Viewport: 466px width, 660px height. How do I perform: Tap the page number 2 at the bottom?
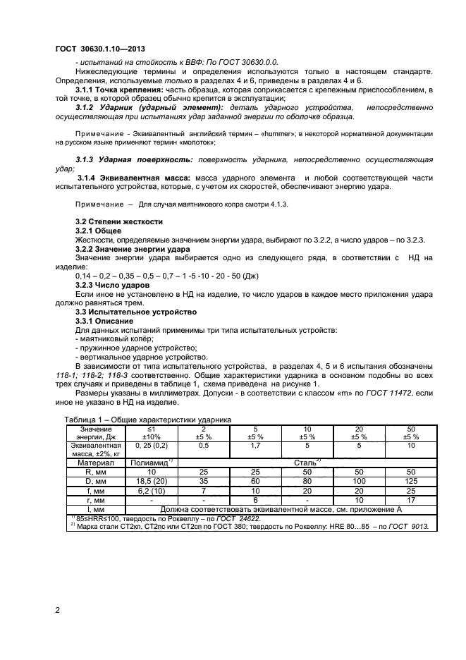pos(57,611)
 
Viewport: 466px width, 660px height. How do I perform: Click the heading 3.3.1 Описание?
pos(104,321)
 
